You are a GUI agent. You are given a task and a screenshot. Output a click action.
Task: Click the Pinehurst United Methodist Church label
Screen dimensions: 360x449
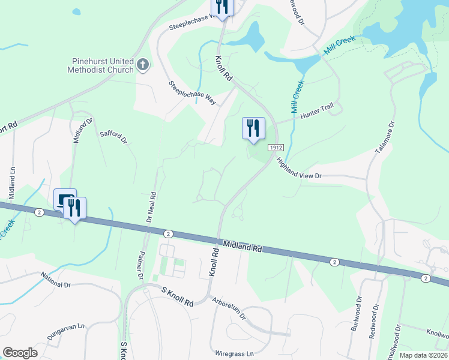point(102,65)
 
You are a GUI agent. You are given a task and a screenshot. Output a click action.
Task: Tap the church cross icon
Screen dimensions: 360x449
point(143,64)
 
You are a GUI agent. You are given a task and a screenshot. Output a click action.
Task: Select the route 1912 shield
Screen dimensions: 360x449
point(276,148)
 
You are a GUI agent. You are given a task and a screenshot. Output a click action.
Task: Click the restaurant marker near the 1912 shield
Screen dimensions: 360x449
point(253,128)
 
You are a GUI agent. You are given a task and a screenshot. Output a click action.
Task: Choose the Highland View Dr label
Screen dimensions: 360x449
point(300,167)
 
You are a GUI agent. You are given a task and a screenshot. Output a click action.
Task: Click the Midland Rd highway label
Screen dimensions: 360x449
point(243,245)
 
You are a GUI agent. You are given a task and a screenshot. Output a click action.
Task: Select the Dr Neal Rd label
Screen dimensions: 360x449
point(152,207)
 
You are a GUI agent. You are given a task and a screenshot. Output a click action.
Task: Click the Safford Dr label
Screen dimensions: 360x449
point(114,137)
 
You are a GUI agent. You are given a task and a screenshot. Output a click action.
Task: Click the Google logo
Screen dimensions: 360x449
point(20,353)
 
